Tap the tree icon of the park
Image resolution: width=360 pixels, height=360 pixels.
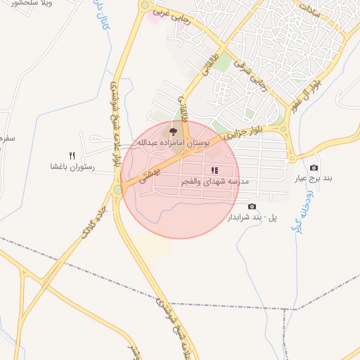click(x=173, y=131)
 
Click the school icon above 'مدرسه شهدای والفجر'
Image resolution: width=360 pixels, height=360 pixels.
click(x=214, y=170)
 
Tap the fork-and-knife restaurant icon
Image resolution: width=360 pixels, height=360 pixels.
click(x=71, y=155)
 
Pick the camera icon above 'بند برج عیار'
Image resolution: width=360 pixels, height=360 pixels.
click(x=314, y=167)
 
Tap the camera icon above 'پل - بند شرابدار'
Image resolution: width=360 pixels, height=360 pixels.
click(x=252, y=206)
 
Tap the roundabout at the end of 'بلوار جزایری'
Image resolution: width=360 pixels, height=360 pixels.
click(x=282, y=129)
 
